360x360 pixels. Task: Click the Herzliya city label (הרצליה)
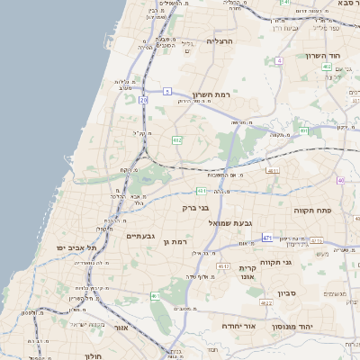pyautogui.click(x=220, y=41)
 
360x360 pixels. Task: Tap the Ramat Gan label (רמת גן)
pyautogui.click(x=179, y=241)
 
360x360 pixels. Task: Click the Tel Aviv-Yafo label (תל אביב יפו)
pyautogui.click(x=75, y=247)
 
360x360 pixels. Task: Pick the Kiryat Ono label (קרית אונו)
pyautogui.click(x=249, y=273)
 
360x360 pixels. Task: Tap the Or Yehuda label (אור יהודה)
pyautogui.click(x=239, y=326)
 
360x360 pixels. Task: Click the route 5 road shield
pyautogui.click(x=167, y=91)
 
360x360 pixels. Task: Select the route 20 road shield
pyautogui.click(x=144, y=100)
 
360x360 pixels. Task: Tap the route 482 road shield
pyautogui.click(x=177, y=140)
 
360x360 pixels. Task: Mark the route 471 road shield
pyautogui.click(x=267, y=237)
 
